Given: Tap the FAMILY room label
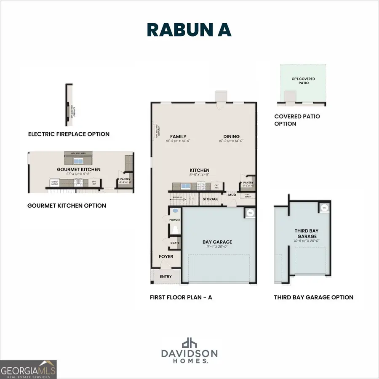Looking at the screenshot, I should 178,136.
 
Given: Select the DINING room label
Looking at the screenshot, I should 231,136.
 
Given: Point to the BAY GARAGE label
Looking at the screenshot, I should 217,242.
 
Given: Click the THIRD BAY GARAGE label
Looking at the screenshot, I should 307,234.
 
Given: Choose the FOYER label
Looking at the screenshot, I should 166,256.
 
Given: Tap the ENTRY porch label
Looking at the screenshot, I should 166,277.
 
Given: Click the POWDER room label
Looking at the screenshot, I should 175,220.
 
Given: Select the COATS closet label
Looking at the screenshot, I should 175,243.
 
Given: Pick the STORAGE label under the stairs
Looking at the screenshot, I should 211,199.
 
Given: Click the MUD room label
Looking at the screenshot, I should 232,195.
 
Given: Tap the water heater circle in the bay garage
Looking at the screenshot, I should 250,213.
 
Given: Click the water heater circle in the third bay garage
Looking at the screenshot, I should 324,208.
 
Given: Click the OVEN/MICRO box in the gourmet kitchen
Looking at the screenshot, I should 54,183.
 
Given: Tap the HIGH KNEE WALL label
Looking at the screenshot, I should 78,153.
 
